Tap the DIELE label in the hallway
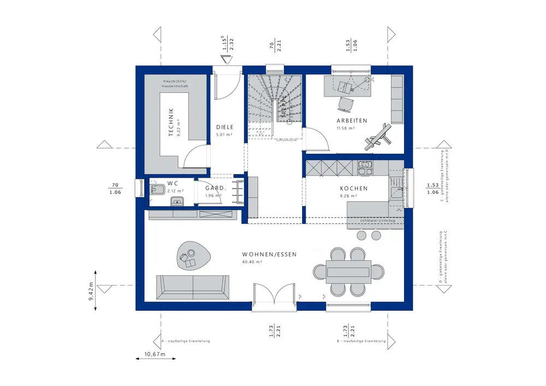pos(224,127)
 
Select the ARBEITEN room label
pos(352,120)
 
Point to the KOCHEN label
pos(354,188)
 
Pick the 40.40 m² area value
pos(252,262)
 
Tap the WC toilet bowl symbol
pos(156,190)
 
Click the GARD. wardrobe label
pos(216,189)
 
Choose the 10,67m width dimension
pos(156,354)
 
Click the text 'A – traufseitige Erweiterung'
pos(186,341)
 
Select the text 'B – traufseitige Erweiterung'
pos(361,341)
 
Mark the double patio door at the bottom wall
pos(274,297)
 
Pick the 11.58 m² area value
pos(346,128)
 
